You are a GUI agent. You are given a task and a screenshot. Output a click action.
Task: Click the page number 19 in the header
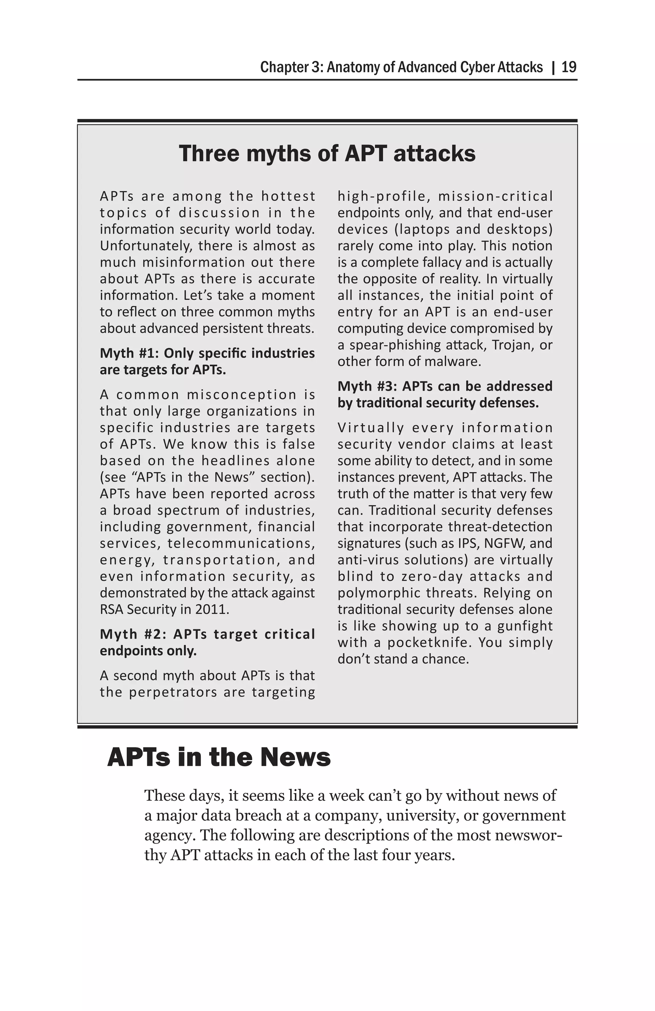coord(569,67)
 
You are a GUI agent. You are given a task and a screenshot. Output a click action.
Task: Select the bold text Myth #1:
coord(130,353)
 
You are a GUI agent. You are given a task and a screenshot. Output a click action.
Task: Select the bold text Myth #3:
coord(368,386)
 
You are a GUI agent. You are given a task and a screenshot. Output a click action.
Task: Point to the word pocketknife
coord(429,642)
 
